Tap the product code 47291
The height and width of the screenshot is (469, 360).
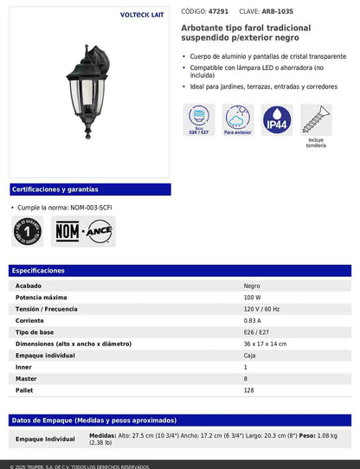tap(219, 12)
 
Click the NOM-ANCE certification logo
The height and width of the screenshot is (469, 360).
tap(84, 231)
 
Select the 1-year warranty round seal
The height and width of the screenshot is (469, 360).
tap(29, 231)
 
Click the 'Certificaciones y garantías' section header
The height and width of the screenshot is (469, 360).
tap(55, 190)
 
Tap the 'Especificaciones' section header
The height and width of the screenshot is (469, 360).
tap(38, 271)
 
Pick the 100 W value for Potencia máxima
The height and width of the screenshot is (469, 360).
tap(253, 297)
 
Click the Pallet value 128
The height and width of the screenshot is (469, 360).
tap(249, 390)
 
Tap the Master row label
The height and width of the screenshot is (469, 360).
tap(26, 379)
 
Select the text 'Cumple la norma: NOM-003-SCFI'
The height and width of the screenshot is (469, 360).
tap(65, 209)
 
